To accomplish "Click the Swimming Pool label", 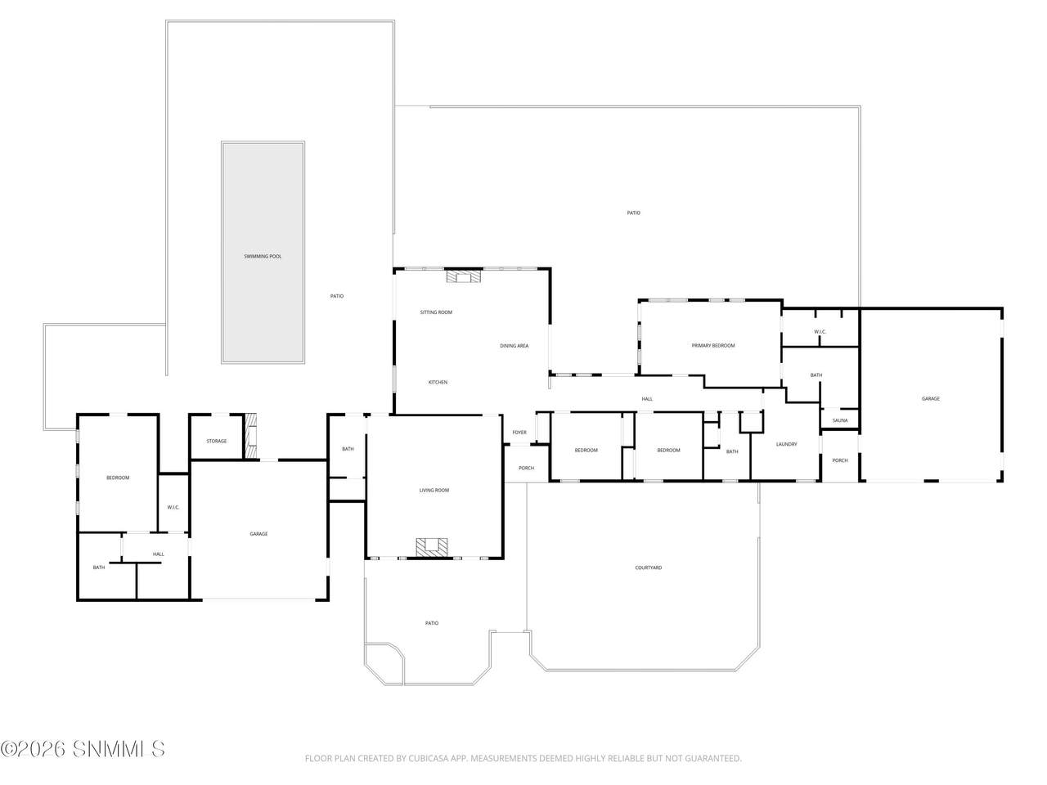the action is pyautogui.click(x=263, y=257).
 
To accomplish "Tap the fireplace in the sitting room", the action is pyautogui.click(x=463, y=276).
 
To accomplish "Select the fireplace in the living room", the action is pyautogui.click(x=432, y=547).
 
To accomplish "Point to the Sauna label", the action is pyautogui.click(x=840, y=420).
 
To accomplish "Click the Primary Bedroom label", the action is pyautogui.click(x=713, y=346).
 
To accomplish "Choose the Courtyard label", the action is pyautogui.click(x=648, y=567).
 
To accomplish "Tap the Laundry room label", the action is pyautogui.click(x=787, y=444).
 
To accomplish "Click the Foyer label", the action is pyautogui.click(x=519, y=433).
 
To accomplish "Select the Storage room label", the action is pyautogui.click(x=216, y=441).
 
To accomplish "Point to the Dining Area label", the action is pyautogui.click(x=515, y=346).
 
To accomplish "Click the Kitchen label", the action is pyautogui.click(x=438, y=382).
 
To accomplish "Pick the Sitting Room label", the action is pyautogui.click(x=436, y=312).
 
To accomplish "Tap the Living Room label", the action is pyautogui.click(x=434, y=490).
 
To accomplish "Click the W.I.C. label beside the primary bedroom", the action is pyautogui.click(x=820, y=332).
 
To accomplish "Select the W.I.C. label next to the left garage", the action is pyautogui.click(x=173, y=507).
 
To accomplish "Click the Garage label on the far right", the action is pyautogui.click(x=931, y=398).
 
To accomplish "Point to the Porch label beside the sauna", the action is pyautogui.click(x=840, y=460).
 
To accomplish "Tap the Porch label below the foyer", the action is pyautogui.click(x=526, y=468).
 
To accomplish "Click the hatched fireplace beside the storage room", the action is pyautogui.click(x=251, y=436).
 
